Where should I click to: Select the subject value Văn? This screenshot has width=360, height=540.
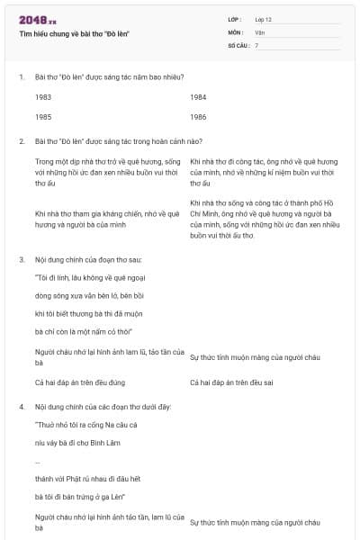click(x=259, y=31)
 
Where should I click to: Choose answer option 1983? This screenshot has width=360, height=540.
click(x=43, y=96)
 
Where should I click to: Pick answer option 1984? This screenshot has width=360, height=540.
click(x=199, y=96)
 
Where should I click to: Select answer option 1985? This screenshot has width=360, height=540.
click(x=43, y=117)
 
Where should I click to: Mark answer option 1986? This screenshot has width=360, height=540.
click(x=199, y=117)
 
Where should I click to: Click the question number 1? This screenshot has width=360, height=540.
click(x=22, y=76)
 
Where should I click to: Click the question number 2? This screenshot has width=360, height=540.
click(x=22, y=141)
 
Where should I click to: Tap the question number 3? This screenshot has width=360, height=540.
click(x=22, y=259)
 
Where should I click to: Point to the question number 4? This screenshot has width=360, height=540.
click(x=22, y=406)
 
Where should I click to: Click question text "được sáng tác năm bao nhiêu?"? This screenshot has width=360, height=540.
click(x=135, y=76)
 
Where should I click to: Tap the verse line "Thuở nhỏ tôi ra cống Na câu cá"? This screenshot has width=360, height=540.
click(x=85, y=424)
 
